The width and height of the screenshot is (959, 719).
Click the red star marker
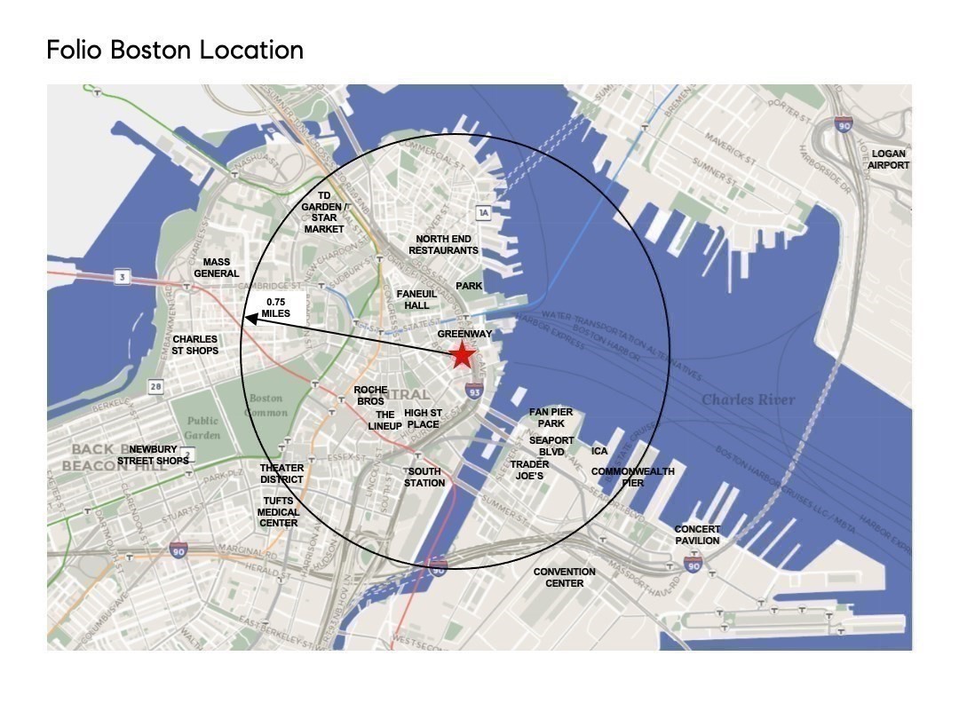pos(462,355)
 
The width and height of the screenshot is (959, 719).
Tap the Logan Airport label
pos(888,160)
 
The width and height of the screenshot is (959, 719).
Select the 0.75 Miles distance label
pos(275,308)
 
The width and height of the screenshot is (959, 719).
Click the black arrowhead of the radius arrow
pos(250,319)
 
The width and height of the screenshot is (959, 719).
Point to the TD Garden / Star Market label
pos(324,212)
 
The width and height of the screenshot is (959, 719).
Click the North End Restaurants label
pos(443,245)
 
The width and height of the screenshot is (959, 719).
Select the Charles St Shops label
pos(195,344)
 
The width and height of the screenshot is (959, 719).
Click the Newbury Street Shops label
pos(154,455)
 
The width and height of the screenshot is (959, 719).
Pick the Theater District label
pos(281,474)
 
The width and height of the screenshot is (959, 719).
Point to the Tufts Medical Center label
pos(279,512)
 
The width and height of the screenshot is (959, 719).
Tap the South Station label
pos(424,478)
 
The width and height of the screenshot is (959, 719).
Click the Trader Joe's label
pos(529,470)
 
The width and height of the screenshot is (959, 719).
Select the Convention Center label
pos(564,577)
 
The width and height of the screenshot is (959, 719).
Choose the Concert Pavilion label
pos(697,534)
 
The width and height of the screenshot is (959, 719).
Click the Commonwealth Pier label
pos(633,477)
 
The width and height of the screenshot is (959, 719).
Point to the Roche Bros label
pos(369,396)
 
